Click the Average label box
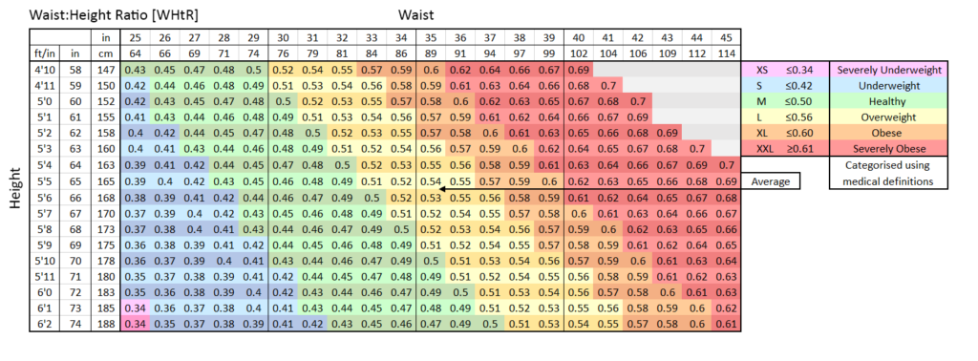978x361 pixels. pos(771,181)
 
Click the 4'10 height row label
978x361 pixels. pos(42,71)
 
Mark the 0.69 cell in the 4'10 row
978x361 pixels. pos(580,71)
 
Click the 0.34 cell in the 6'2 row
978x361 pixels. pos(135,326)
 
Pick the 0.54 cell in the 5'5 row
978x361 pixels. pos(432,181)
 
